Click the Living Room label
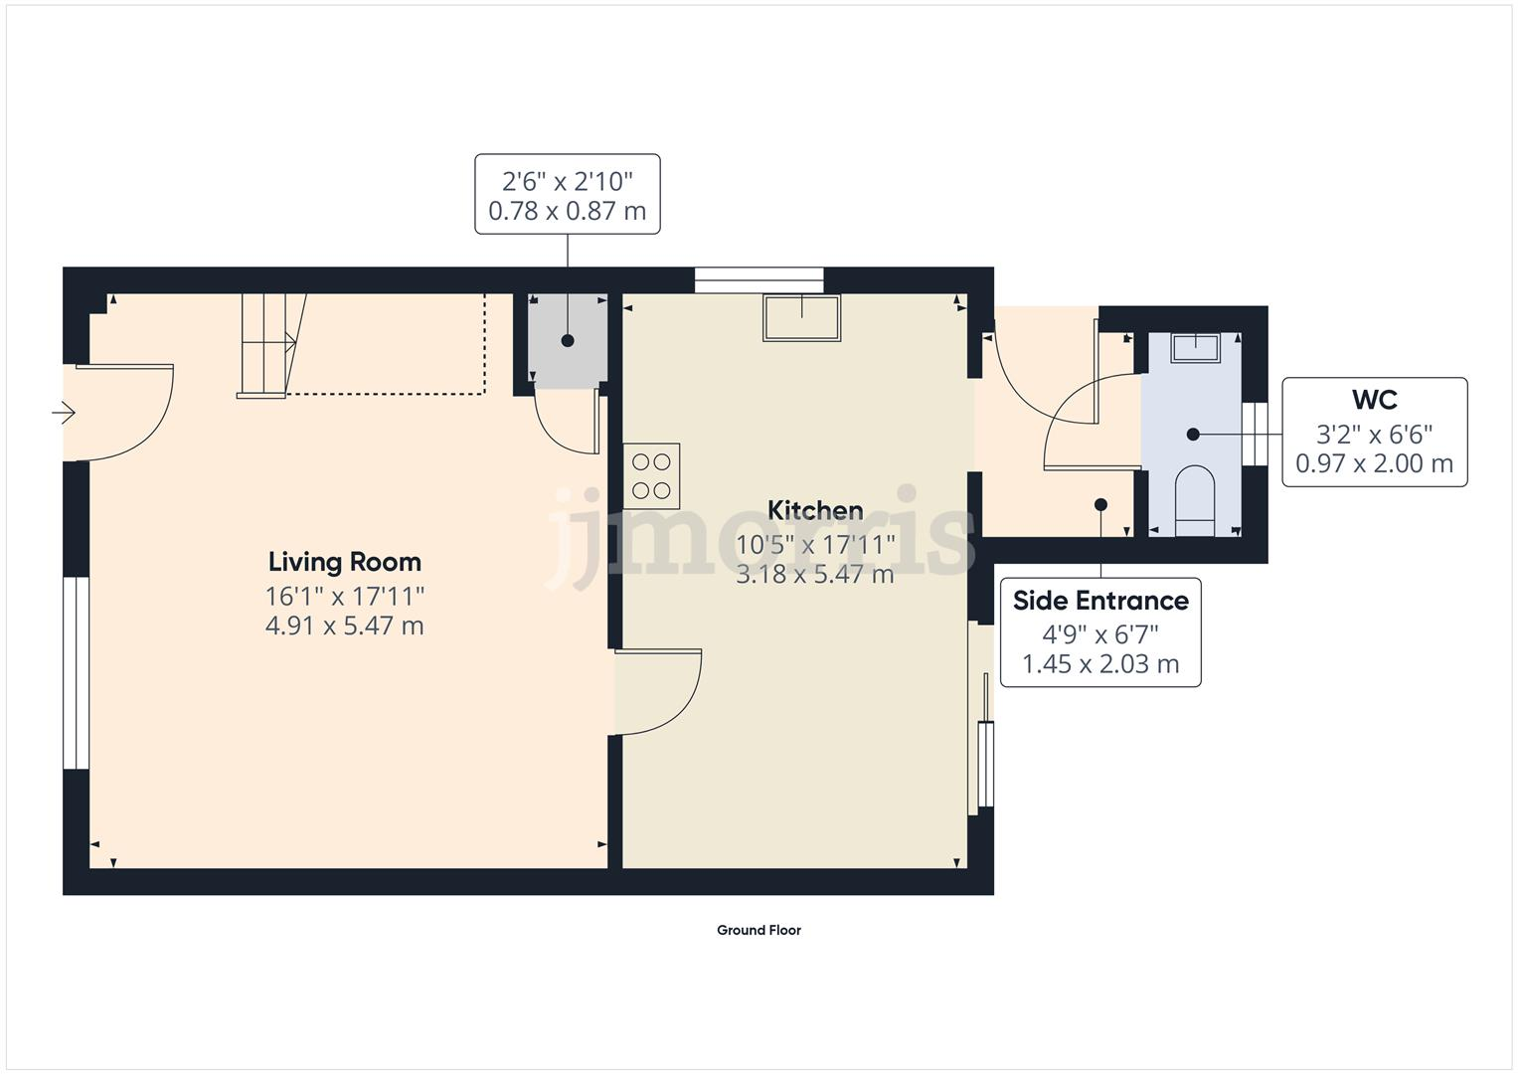[344, 562]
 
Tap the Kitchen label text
[815, 511]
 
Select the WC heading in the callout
[1374, 400]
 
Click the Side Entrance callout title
[1099, 601]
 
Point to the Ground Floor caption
[759, 930]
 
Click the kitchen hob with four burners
[651, 475]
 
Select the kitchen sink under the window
[801, 317]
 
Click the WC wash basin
[1195, 348]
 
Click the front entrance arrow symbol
[65, 412]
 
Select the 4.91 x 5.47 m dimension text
[344, 626]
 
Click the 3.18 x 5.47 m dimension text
[815, 574]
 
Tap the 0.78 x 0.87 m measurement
[567, 211]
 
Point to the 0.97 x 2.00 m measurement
[1374, 463]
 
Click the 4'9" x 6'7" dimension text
[1099, 633]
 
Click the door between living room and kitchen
[657, 691]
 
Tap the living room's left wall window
[76, 672]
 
